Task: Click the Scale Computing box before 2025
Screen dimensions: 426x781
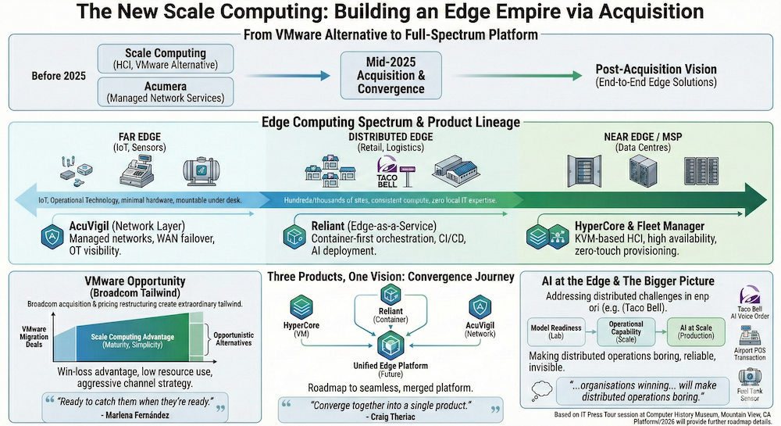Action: click(x=166, y=57)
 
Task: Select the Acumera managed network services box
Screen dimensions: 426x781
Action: click(x=166, y=91)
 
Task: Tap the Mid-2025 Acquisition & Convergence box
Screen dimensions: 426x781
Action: click(x=391, y=74)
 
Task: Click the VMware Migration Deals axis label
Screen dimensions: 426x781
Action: click(x=34, y=335)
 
